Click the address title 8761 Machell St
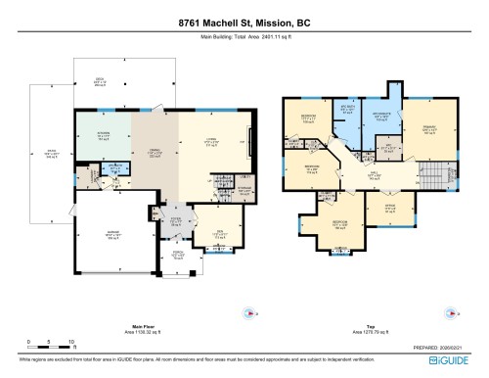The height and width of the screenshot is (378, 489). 244,24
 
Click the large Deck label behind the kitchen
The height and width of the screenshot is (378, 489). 99,82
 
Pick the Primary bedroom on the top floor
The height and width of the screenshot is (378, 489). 429,127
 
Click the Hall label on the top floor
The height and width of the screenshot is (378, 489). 374,177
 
